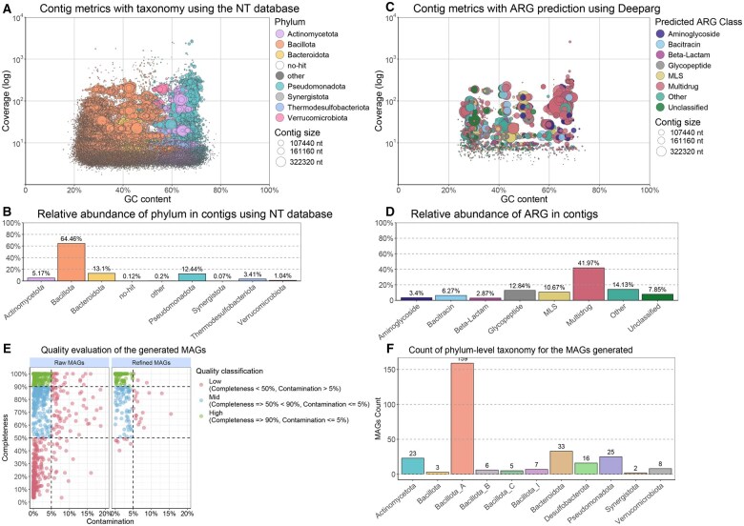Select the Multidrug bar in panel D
[589, 284]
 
